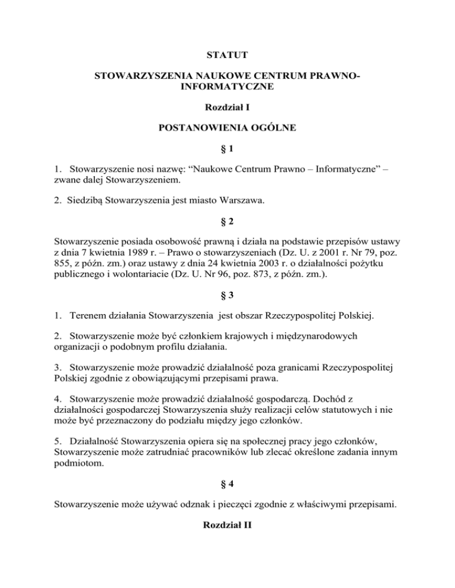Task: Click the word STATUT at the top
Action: (x=227, y=56)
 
